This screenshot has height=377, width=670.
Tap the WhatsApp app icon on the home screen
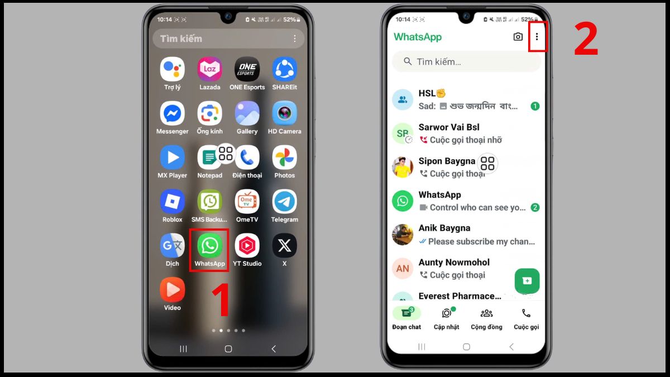pyautogui.click(x=209, y=246)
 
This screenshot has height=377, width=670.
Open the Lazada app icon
pyautogui.click(x=209, y=69)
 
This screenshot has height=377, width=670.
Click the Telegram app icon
pyautogui.click(x=284, y=202)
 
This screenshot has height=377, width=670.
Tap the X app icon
pyautogui.click(x=284, y=246)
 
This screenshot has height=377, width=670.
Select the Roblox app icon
pyautogui.click(x=172, y=202)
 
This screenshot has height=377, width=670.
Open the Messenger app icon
pyautogui.click(x=172, y=113)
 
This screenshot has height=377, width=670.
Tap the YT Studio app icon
pyautogui.click(x=247, y=246)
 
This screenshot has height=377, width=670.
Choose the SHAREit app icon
pyautogui.click(x=284, y=69)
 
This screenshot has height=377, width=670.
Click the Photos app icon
pyautogui.click(x=284, y=158)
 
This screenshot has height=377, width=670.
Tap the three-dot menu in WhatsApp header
pyautogui.click(x=537, y=37)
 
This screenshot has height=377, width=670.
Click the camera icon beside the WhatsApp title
pyautogui.click(x=518, y=37)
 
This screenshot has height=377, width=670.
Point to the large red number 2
pyautogui.click(x=586, y=40)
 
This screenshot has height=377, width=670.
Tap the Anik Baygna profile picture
pyautogui.click(x=403, y=235)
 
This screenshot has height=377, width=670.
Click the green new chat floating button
pyautogui.click(x=527, y=280)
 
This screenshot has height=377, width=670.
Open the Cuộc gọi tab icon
pyautogui.click(x=526, y=313)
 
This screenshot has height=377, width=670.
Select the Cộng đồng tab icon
pyautogui.click(x=486, y=313)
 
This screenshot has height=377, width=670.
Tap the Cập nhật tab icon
pyautogui.click(x=446, y=313)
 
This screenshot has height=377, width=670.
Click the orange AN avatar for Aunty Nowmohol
pyautogui.click(x=403, y=269)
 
